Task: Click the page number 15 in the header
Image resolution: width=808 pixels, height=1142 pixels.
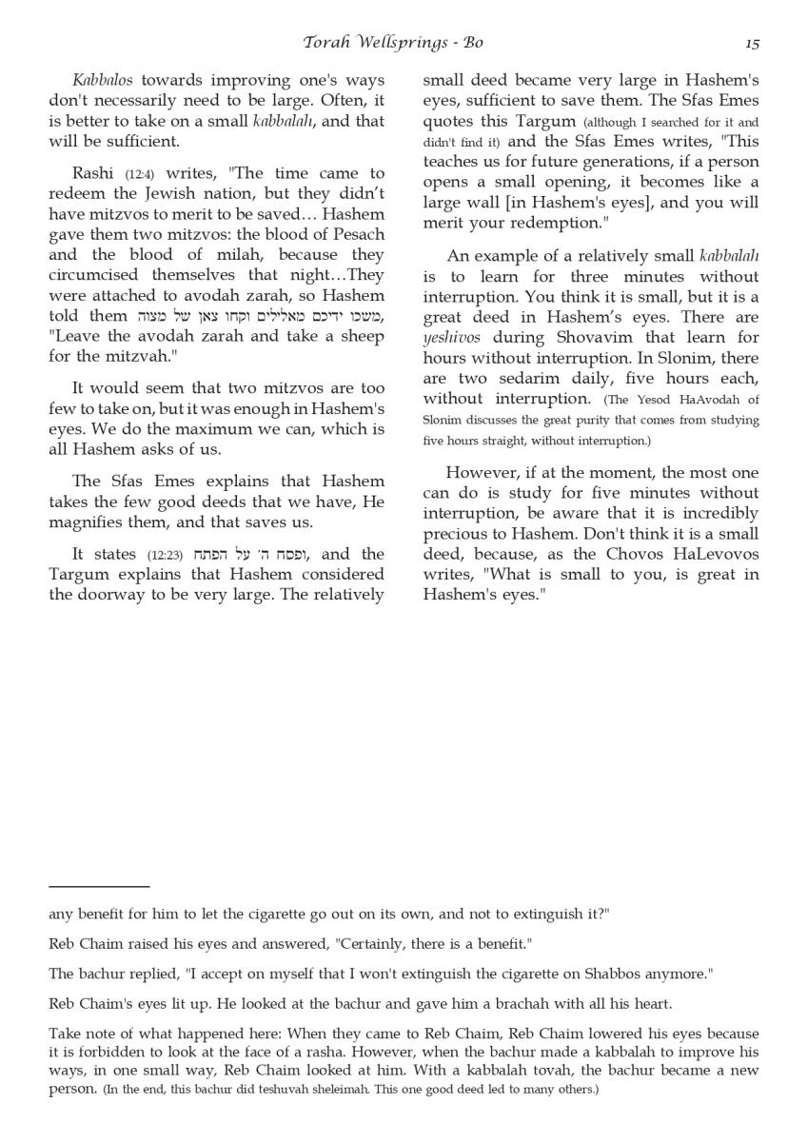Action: tap(752, 43)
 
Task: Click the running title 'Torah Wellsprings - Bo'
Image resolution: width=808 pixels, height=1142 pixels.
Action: tap(393, 42)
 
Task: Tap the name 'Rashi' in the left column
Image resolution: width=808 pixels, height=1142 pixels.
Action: tap(94, 173)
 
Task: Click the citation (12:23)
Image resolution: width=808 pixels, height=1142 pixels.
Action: tap(168, 555)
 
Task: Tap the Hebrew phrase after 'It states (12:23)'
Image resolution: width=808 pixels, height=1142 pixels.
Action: tap(253, 554)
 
